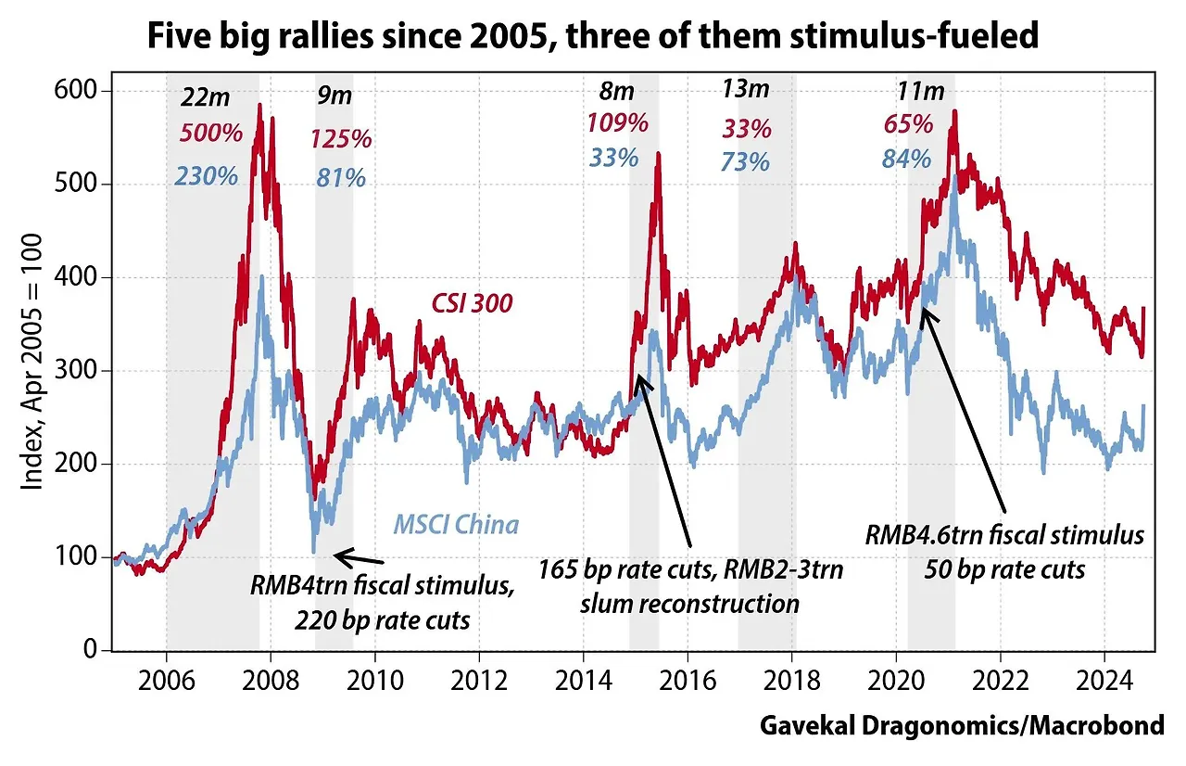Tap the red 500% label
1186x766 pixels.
click(x=210, y=133)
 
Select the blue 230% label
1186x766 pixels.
click(x=206, y=175)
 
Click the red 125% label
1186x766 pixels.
click(x=340, y=139)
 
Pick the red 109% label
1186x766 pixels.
click(x=617, y=121)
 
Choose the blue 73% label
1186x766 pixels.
click(x=745, y=161)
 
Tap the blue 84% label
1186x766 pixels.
click(x=906, y=159)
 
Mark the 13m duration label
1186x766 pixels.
click(x=746, y=89)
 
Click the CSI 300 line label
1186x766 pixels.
click(x=471, y=303)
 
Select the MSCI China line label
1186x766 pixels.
click(x=456, y=525)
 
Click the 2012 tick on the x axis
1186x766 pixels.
click(x=479, y=672)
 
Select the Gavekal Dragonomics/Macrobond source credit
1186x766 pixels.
click(x=961, y=725)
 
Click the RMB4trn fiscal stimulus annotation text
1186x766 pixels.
click(x=381, y=586)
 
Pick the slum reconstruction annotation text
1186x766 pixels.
click(x=689, y=605)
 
